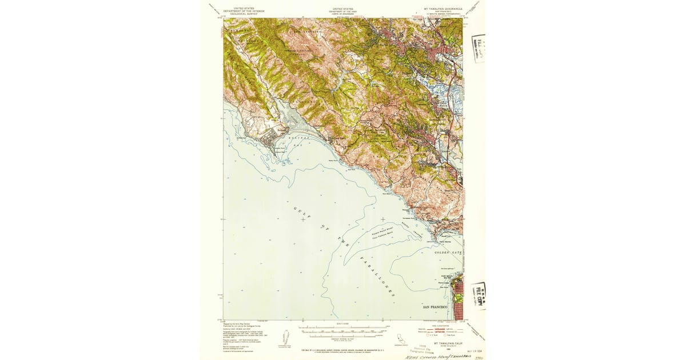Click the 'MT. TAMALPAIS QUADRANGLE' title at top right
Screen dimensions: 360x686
(x=442, y=10)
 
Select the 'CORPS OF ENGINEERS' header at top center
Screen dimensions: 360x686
(x=343, y=14)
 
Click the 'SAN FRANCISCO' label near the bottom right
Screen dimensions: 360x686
(x=437, y=307)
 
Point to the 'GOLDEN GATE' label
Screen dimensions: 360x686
(x=448, y=252)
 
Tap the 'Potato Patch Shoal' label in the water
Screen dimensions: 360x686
(x=388, y=233)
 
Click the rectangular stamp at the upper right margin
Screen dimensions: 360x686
(x=478, y=48)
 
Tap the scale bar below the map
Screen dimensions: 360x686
(x=343, y=330)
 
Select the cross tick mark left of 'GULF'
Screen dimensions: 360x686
(x=302, y=219)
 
